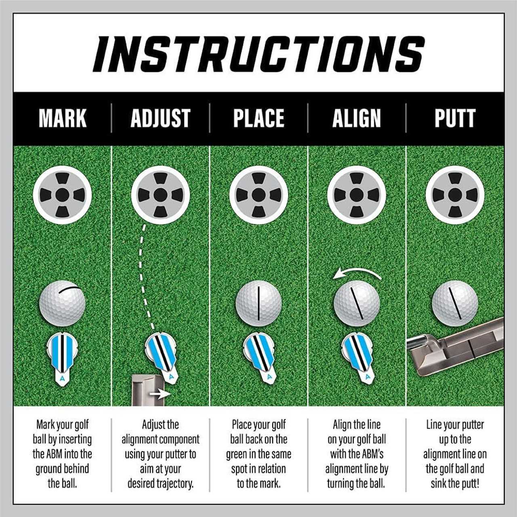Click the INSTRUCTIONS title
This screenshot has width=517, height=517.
pos(258,54)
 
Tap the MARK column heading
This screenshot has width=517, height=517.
pos(63,118)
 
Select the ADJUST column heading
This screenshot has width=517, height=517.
pos(160,118)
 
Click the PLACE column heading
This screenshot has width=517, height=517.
pos(258,118)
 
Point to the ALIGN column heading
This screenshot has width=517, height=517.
pos(357,118)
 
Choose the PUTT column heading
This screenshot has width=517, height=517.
pos(455,118)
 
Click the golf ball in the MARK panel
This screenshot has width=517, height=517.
pos(62,303)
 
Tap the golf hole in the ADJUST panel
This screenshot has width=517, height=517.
pos(160,195)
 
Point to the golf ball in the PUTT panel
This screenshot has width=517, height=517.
pos(455,303)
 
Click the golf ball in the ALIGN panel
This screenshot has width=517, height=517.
pos(357,303)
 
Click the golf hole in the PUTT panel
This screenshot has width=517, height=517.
pos(455,195)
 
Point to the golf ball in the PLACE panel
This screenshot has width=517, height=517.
pos(258,303)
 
